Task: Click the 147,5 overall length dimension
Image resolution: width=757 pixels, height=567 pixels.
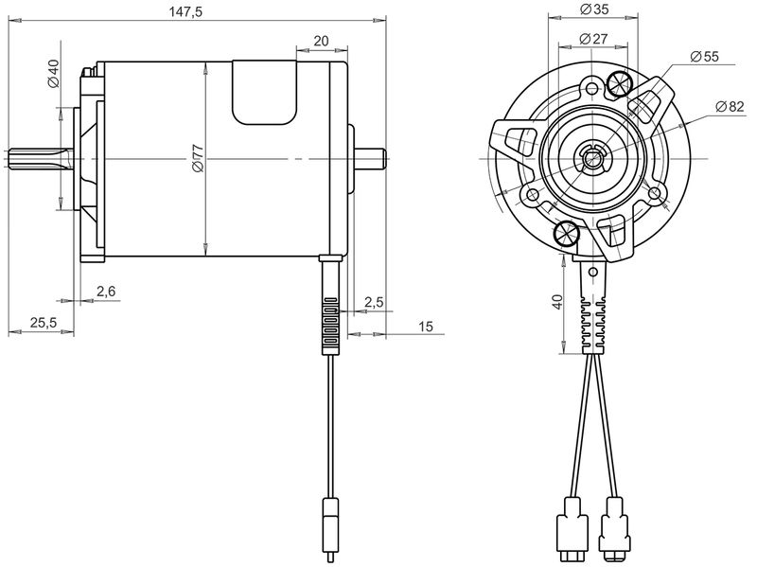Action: [185, 11]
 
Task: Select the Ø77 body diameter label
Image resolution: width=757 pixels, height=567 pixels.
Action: [198, 158]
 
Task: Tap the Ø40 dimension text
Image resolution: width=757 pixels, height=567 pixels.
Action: [53, 73]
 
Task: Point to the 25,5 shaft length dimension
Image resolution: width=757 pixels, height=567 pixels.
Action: [44, 322]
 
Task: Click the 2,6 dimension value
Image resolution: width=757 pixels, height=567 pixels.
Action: [106, 292]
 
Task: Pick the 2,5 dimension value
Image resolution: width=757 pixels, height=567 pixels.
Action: [374, 302]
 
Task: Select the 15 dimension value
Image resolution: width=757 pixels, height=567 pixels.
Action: [425, 327]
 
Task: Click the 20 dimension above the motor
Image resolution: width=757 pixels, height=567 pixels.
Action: [321, 41]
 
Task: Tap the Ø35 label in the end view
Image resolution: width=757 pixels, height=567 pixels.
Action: [594, 9]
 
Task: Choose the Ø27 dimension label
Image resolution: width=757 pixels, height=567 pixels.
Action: [593, 39]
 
